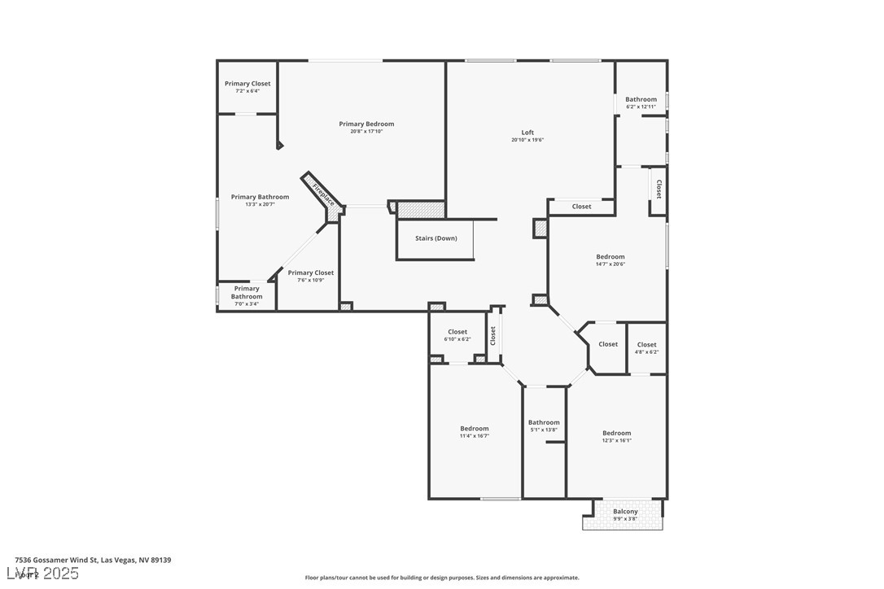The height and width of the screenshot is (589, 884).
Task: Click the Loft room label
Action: [x=527, y=133]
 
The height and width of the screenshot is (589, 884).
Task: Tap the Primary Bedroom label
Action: [x=366, y=124]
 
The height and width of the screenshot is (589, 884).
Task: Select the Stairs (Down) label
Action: [x=436, y=238]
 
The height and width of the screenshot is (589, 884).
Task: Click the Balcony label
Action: [x=625, y=512]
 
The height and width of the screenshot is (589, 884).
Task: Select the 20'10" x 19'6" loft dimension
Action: [x=527, y=140]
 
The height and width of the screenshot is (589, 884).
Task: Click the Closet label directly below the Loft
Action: [x=581, y=207]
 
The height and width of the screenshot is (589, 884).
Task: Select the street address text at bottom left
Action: [x=93, y=560]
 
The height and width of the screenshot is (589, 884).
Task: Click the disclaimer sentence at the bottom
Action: [x=442, y=578]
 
